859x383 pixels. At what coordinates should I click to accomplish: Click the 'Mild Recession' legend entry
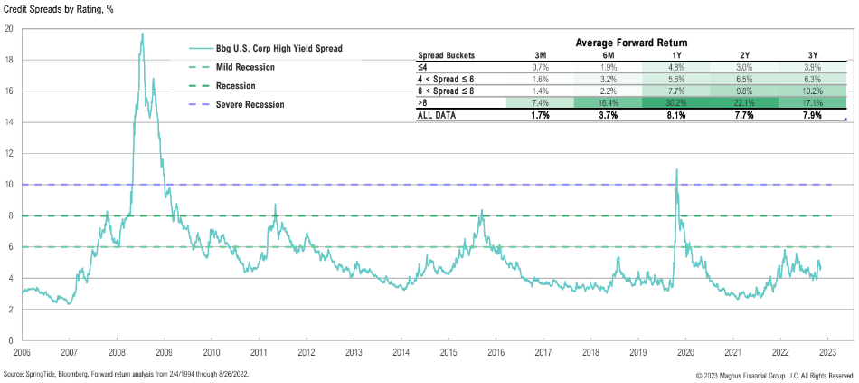[245, 67]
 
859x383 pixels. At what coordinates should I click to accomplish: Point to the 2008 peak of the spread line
[142, 34]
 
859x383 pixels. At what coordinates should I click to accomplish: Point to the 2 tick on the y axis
[9, 310]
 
